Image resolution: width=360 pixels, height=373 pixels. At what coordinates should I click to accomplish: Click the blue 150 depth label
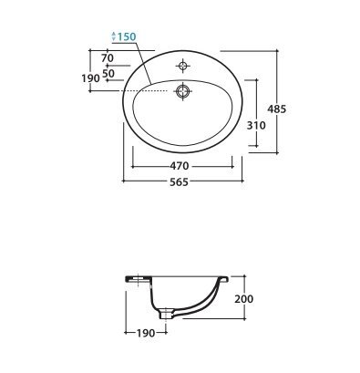point(127,36)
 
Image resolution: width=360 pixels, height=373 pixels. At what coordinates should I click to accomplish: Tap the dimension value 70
point(108,57)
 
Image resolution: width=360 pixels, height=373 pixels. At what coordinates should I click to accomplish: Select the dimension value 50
point(108,73)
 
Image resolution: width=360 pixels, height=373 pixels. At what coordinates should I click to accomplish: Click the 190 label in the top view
point(90,78)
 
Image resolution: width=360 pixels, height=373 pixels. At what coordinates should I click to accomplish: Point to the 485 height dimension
point(276,109)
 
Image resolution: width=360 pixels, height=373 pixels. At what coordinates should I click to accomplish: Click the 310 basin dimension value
point(256,125)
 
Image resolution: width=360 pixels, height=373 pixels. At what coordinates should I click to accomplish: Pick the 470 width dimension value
point(180,166)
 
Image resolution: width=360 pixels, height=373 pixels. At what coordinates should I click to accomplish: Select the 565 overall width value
point(180,181)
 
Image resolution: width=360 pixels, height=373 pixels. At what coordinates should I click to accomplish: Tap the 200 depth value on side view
point(243,299)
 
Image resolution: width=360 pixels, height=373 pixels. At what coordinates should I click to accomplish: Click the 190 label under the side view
point(146,333)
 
